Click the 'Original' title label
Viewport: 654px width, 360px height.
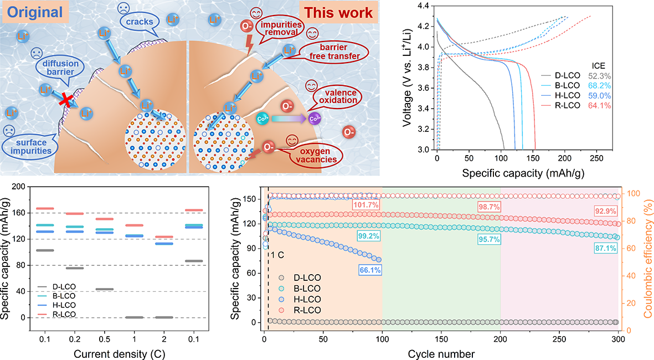(x=34, y=12)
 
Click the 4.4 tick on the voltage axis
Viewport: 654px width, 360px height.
(x=425, y=6)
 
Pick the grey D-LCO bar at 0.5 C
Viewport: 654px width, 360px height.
(x=104, y=289)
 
